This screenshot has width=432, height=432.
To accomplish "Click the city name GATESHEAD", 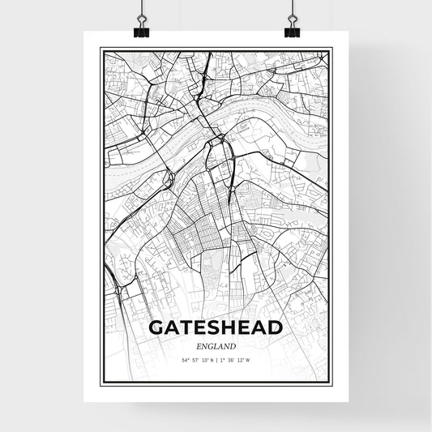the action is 216,327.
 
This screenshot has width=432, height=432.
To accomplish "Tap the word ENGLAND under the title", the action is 216,345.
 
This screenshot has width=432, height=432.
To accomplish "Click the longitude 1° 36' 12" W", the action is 236,360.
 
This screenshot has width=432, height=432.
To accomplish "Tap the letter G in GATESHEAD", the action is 156,327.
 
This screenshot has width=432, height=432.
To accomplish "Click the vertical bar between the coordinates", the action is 216,360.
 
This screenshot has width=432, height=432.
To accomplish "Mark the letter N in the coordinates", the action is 210,360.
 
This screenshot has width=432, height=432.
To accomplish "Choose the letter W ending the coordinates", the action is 250,360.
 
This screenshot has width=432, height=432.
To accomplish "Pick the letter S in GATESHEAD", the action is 216,327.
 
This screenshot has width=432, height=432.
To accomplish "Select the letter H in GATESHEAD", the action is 230,327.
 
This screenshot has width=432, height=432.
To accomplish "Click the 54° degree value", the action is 186,360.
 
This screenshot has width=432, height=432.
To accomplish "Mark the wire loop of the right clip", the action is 292,20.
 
